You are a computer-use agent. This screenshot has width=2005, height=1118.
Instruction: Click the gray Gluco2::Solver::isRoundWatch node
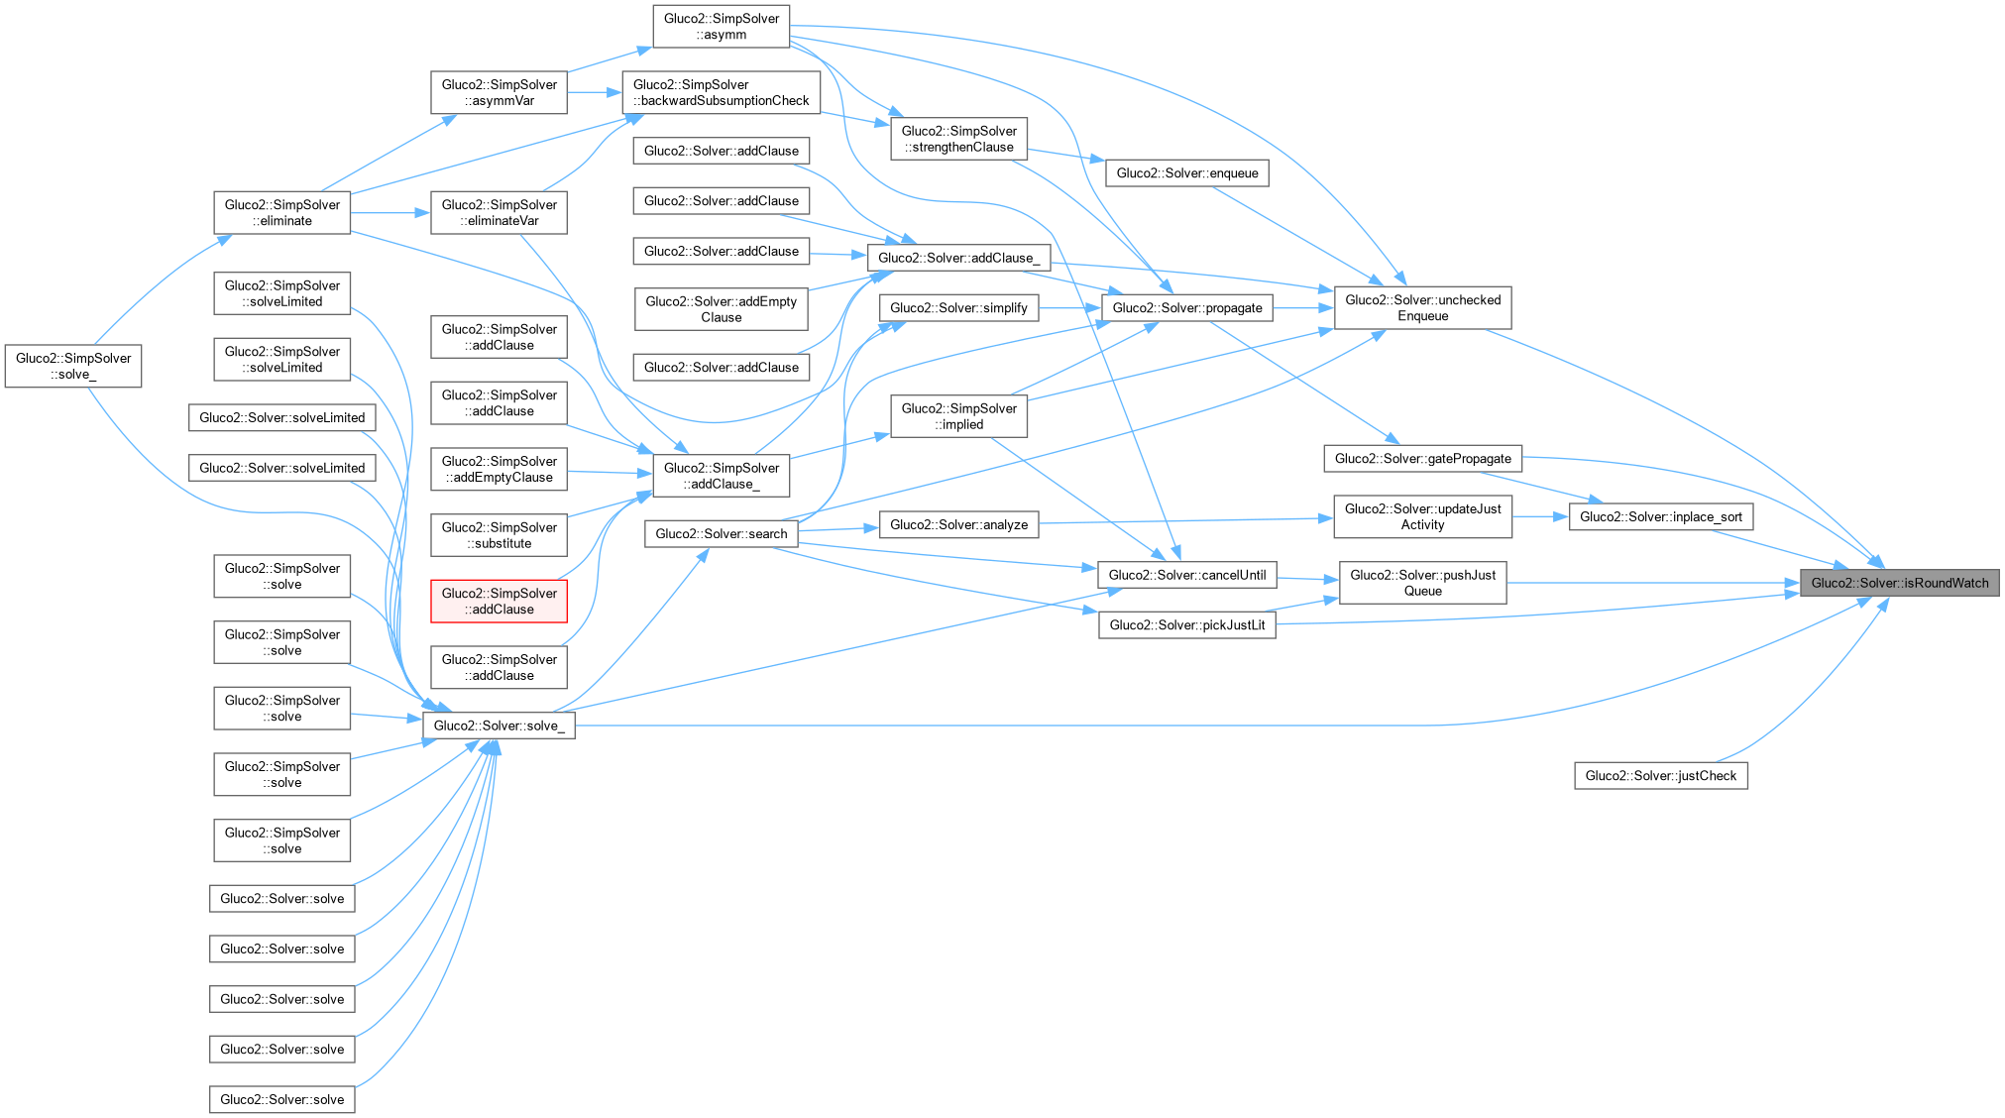[1900, 583]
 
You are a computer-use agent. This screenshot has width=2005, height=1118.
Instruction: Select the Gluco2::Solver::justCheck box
[1660, 776]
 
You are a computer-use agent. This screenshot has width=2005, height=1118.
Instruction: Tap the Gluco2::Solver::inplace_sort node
[1660, 516]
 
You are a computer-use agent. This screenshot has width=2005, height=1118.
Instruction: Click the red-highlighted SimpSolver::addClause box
[499, 602]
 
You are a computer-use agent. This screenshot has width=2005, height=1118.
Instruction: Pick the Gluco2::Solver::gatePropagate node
[1422, 458]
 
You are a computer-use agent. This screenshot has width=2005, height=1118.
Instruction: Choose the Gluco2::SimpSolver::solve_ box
[73, 366]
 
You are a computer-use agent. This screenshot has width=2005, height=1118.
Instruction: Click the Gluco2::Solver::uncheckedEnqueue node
[1422, 308]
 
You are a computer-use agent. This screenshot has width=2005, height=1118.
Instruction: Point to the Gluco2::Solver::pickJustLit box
[1186, 624]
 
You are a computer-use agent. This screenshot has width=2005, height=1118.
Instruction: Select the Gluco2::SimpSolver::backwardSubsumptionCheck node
[721, 92]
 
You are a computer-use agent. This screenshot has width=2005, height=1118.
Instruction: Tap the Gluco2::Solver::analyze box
[958, 524]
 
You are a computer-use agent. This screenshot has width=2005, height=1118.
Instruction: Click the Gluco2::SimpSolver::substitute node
[499, 535]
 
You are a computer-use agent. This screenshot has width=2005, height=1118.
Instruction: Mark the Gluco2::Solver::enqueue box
[1186, 173]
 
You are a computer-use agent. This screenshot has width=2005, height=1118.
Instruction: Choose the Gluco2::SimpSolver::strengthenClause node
[958, 139]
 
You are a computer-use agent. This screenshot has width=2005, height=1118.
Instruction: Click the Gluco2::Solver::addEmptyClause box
[721, 309]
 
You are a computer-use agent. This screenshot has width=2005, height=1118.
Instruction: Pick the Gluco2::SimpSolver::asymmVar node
[499, 92]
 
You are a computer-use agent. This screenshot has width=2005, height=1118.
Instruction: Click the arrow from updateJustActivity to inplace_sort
[1540, 516]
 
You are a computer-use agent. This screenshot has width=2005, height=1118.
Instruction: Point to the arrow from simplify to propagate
[1070, 308]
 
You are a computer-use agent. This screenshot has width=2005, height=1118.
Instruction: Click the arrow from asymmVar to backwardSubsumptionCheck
[594, 92]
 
